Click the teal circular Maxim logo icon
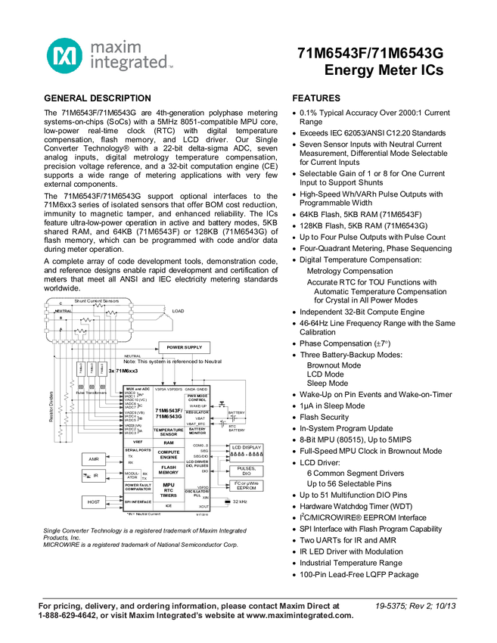point(63,56)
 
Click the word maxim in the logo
point(116,48)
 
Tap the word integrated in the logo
point(129,64)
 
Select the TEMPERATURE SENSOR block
point(169,431)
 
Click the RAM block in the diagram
point(169,443)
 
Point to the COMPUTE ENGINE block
point(169,455)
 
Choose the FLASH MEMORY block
point(169,470)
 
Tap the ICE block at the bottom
point(169,505)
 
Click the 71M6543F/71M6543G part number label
point(169,413)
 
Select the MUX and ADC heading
point(138,389)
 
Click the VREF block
point(138,442)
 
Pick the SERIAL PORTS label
point(138,450)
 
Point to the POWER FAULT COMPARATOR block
point(138,486)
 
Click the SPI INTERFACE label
point(138,501)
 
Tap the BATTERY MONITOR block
point(197,431)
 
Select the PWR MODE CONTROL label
point(197,397)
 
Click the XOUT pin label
point(204,507)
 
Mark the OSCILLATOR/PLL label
point(198,492)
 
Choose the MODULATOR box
point(132,475)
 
